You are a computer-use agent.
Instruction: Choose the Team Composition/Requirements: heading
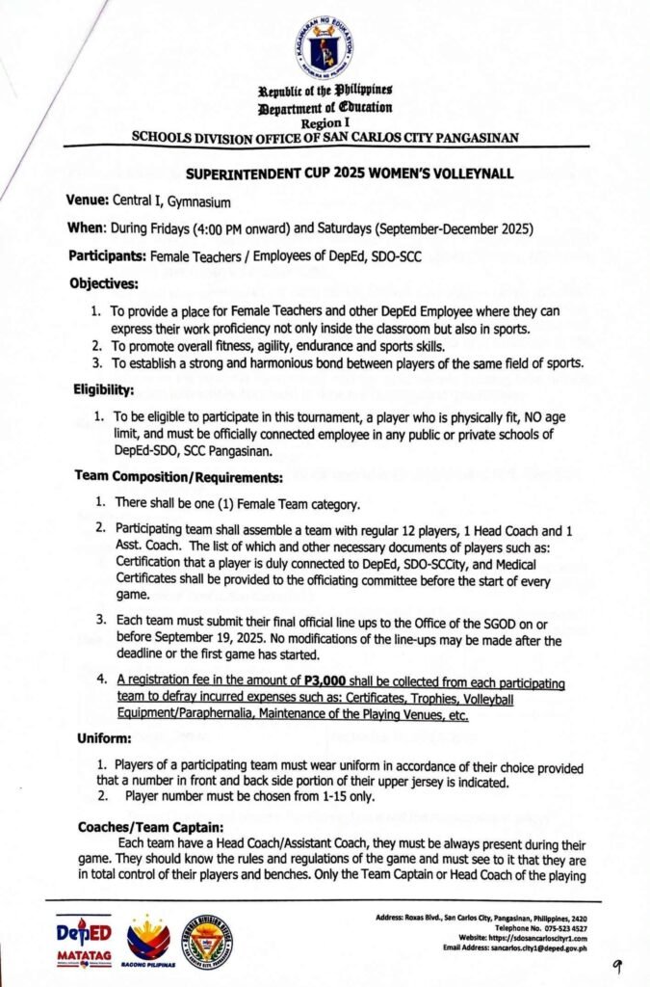tap(178, 476)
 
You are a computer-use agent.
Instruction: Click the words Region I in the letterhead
tap(324, 123)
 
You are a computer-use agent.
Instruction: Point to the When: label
tap(90, 229)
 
